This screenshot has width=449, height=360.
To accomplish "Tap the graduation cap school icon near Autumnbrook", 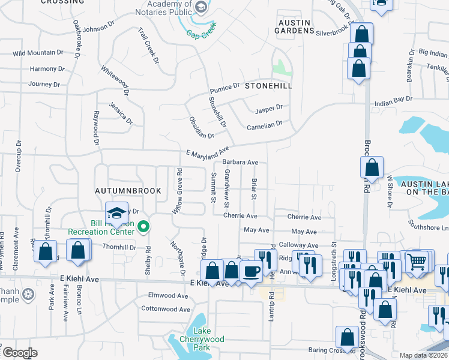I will (116, 212).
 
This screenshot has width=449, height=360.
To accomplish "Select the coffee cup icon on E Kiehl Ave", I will (252, 271).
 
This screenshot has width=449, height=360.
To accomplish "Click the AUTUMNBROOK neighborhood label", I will (128, 191).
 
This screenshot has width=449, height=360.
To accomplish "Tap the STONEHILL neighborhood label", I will (268, 86).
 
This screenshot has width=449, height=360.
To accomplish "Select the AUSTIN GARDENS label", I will (294, 26).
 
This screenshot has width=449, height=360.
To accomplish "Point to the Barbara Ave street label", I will (240, 162).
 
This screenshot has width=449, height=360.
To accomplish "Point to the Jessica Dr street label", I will (121, 113).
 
